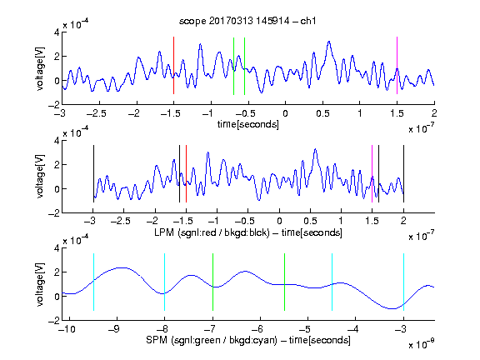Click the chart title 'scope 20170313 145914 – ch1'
pos(247,21)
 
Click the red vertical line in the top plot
pos(173,66)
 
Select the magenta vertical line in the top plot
pos(397,66)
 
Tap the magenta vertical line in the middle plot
pos(372,173)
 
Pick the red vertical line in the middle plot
pos(186,173)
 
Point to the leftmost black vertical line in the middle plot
pos(93,173)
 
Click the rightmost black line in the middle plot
pos(403,173)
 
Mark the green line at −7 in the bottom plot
pos(212,282)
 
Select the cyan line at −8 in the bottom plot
pos(164,282)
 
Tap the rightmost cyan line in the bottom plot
pos(403,282)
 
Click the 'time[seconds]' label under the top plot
pos(248,124)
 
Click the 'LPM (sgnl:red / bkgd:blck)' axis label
pos(212,232)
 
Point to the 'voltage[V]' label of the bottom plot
pos(40,284)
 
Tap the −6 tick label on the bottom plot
pos(258,329)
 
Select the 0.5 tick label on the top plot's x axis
pos(322,113)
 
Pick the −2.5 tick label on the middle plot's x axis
pos(121,221)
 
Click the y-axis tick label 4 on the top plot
pos(57,32)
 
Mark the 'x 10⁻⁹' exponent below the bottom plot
pos(421,344)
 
